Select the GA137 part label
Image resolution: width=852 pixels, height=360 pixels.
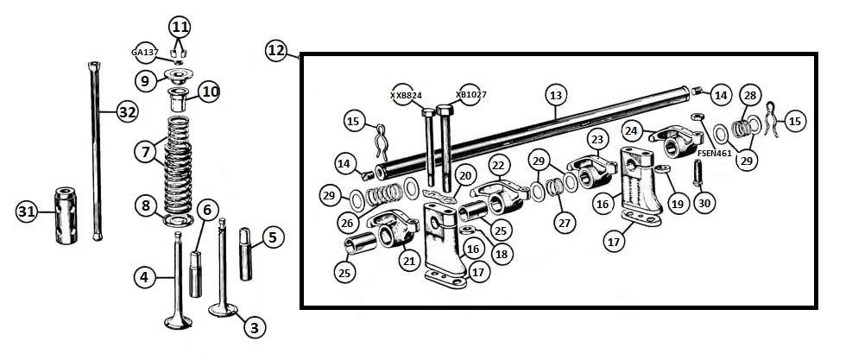pyautogui.click(x=145, y=53)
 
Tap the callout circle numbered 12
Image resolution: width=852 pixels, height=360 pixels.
pyautogui.click(x=276, y=51)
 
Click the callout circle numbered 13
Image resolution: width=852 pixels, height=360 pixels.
pyautogui.click(x=555, y=94)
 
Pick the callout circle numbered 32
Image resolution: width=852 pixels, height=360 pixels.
pyautogui.click(x=127, y=111)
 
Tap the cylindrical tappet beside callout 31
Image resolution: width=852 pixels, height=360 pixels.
pyautogui.click(x=67, y=214)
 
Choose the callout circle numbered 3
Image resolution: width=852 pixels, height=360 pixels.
pyautogui.click(x=254, y=327)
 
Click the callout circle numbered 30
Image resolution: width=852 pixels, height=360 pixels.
pyautogui.click(x=704, y=204)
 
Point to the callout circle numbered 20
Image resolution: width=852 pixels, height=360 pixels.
pyautogui.click(x=464, y=176)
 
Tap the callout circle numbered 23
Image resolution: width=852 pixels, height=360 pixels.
pyautogui.click(x=596, y=138)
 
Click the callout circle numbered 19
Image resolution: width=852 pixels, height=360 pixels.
pyautogui.click(x=677, y=204)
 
